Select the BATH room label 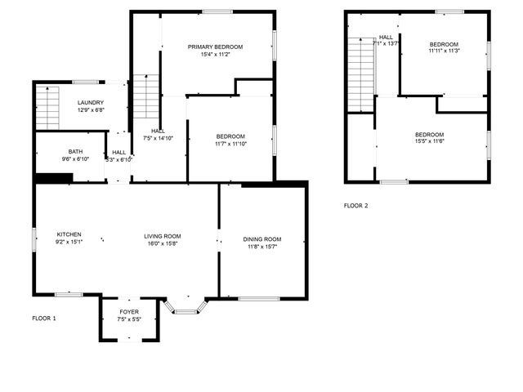pyautogui.click(x=75, y=151)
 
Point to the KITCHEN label pyautogui.click(x=69, y=234)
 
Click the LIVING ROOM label pyautogui.click(x=162, y=235)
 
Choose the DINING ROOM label pyautogui.click(x=261, y=239)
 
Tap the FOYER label pyautogui.click(x=129, y=313)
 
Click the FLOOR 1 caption pyautogui.click(x=44, y=318)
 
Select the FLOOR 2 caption pyautogui.click(x=355, y=206)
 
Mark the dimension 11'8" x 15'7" pyautogui.click(x=261, y=247)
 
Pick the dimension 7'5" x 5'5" pyautogui.click(x=129, y=320)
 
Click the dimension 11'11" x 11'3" pyautogui.click(x=445, y=51)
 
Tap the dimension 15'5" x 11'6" pyautogui.click(x=429, y=142)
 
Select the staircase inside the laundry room pyautogui.click(x=48, y=107)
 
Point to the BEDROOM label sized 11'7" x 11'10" pyautogui.click(x=230, y=136)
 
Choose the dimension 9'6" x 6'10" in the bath pyautogui.click(x=75, y=159)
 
